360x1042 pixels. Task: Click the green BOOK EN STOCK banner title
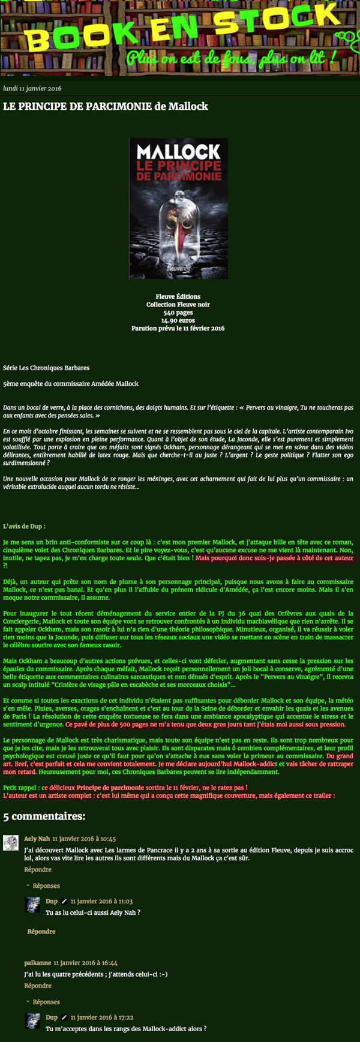pos(180,30)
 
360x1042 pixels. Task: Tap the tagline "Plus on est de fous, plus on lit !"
pos(230,59)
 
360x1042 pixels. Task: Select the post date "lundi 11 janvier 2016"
pos(32,88)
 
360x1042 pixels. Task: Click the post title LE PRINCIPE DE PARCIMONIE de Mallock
pos(106,107)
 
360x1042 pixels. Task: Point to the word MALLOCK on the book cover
pos(178,151)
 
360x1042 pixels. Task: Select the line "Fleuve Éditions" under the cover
pos(178,296)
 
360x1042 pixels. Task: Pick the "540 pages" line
pos(178,313)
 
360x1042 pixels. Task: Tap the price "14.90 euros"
pos(178,320)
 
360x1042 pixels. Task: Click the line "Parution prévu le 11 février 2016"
pos(178,328)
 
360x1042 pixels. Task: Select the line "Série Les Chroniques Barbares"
pos(46,368)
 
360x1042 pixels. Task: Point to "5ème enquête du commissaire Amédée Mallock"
pos(71,383)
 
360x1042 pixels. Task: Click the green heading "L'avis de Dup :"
pos(24,526)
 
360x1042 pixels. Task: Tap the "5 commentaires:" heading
pos(44,816)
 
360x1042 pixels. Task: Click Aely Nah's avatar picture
pos(11,843)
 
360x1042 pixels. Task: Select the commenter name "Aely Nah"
pos(37,839)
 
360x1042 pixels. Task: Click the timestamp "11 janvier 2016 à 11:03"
pos(101,901)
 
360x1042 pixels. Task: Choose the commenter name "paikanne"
pos(37,962)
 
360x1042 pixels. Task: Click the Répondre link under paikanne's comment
pos(38,986)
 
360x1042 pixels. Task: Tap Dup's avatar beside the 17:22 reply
pos(33,1022)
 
